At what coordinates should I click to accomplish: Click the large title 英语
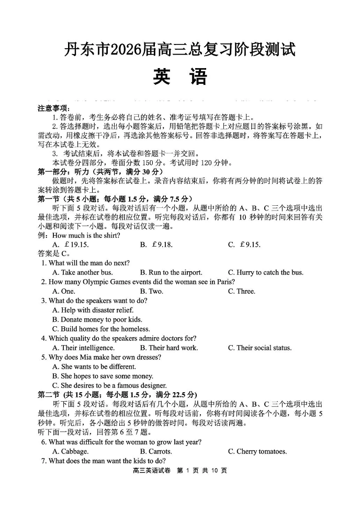180,76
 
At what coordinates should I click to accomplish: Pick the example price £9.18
162,245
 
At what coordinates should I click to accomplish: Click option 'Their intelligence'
83,348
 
